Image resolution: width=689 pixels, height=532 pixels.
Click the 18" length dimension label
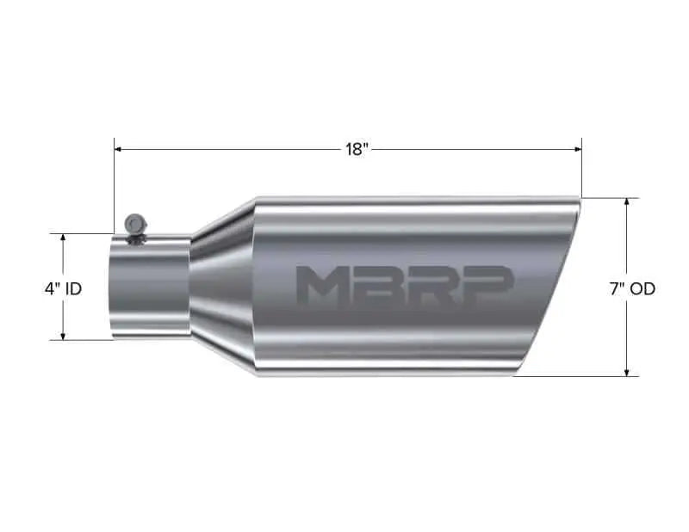[x=357, y=150]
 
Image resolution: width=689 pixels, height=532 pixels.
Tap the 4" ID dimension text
[x=63, y=289]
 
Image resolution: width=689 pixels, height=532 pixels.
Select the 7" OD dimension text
[x=631, y=289]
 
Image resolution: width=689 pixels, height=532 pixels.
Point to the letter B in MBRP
[x=379, y=286]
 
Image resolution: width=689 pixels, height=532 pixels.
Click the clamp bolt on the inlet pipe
[x=134, y=224]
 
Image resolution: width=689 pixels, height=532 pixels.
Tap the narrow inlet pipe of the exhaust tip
[x=149, y=288]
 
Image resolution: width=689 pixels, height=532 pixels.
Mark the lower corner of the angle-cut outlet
[x=515, y=374]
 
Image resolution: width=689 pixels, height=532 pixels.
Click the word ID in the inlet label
[x=72, y=289]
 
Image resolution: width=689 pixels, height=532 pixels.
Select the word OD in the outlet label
[x=642, y=289]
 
